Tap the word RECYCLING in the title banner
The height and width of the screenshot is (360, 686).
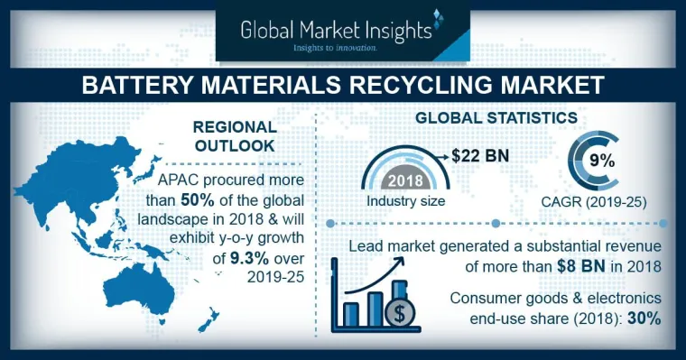[x=387, y=86]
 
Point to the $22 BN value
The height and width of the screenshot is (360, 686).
[x=481, y=155]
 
